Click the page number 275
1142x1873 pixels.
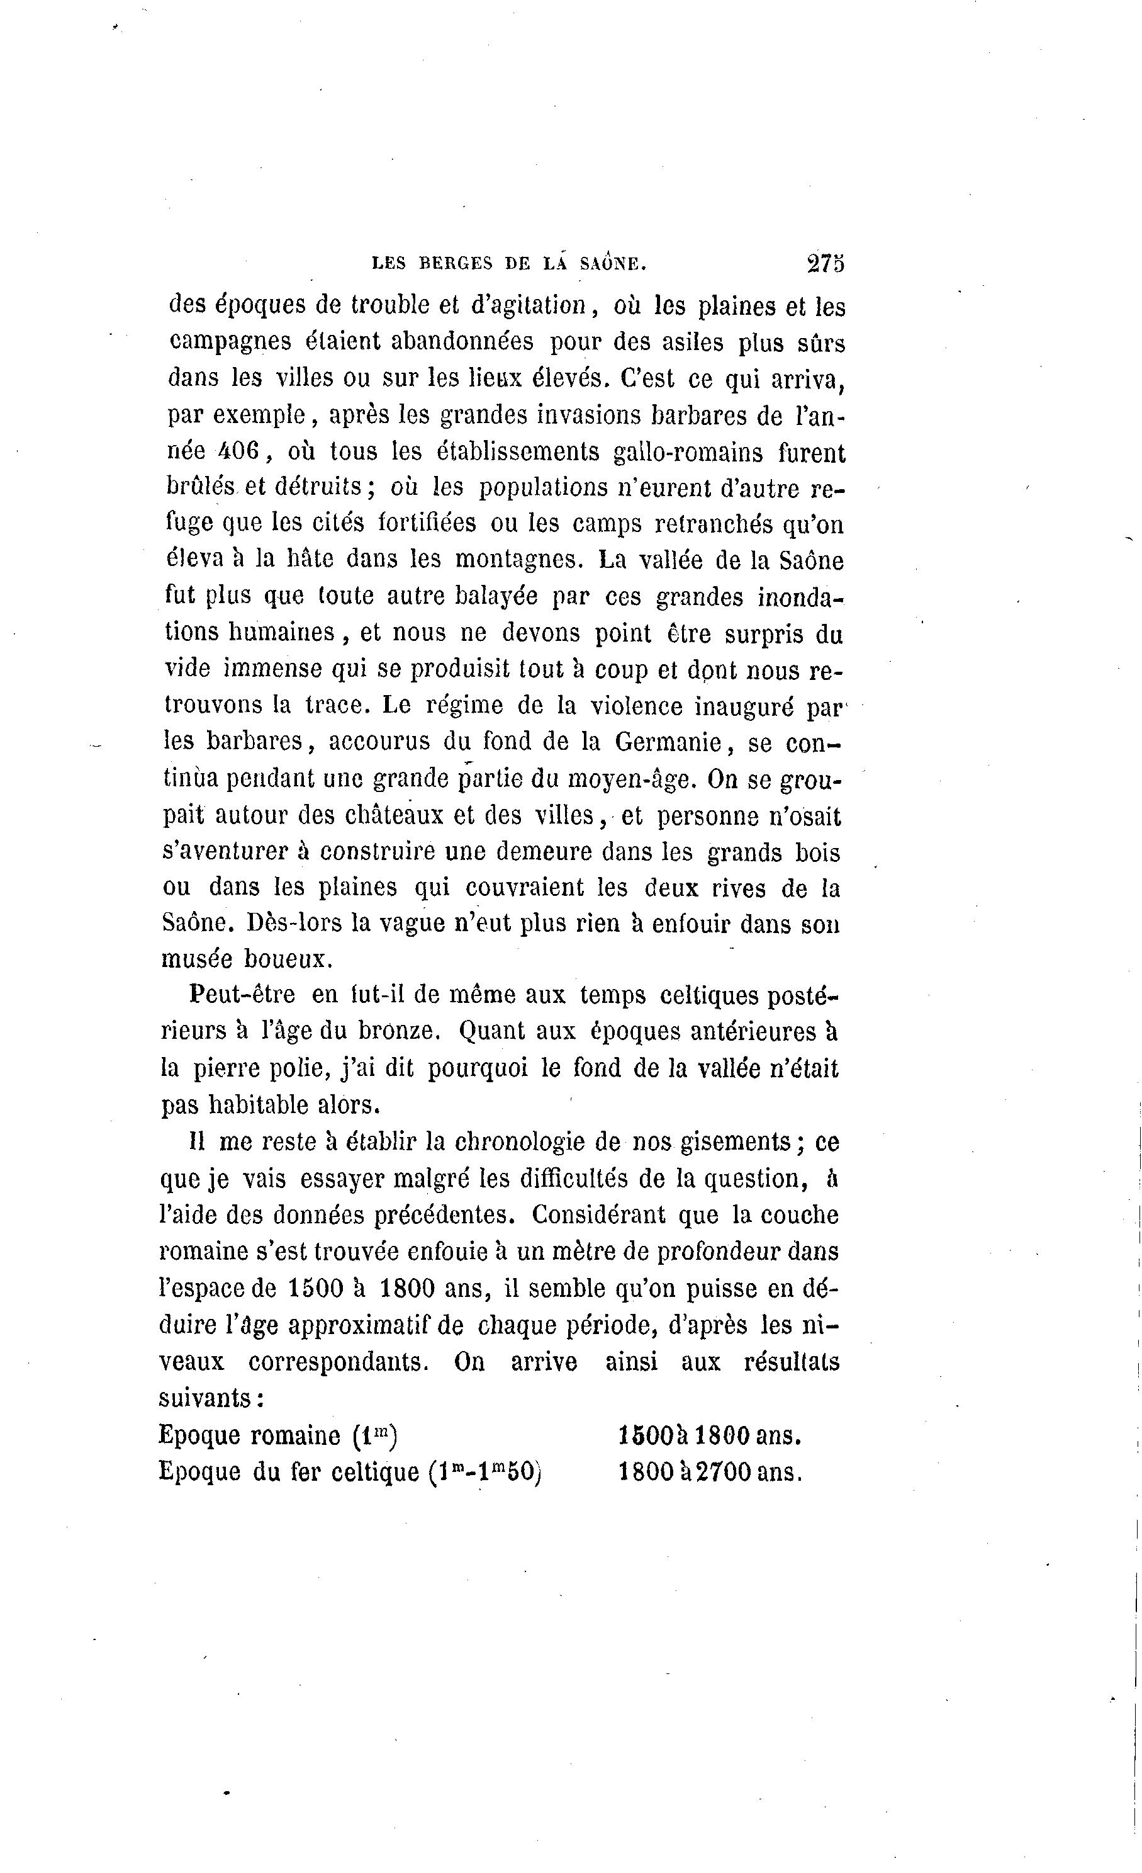[826, 263]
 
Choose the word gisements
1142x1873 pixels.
[736, 1141]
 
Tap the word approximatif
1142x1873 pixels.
[374, 1325]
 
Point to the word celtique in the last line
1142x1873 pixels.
[369, 1473]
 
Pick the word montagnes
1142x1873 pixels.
[518, 560]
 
